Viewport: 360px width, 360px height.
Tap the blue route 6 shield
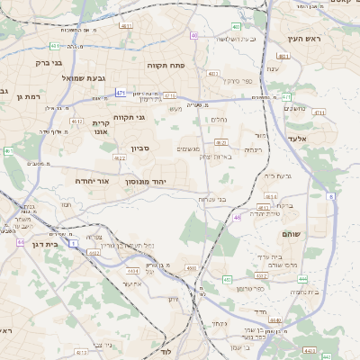[331, 195]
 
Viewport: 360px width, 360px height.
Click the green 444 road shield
[303, 279]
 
